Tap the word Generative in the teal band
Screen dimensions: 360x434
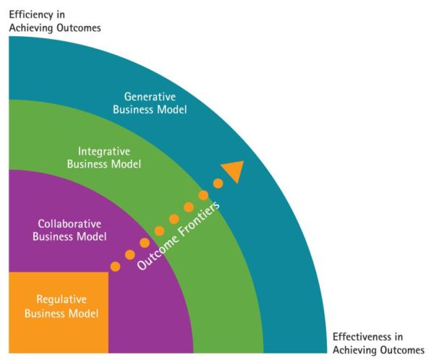click(155, 96)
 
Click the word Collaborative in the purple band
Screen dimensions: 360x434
click(69, 223)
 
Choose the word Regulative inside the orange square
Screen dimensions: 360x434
click(61, 299)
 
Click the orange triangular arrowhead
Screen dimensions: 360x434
click(233, 171)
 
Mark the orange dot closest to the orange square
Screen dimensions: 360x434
click(115, 266)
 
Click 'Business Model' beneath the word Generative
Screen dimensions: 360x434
click(155, 110)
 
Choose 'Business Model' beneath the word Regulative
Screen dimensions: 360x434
click(61, 313)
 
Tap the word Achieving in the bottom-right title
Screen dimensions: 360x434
click(353, 350)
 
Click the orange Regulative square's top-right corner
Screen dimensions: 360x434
click(108, 273)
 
